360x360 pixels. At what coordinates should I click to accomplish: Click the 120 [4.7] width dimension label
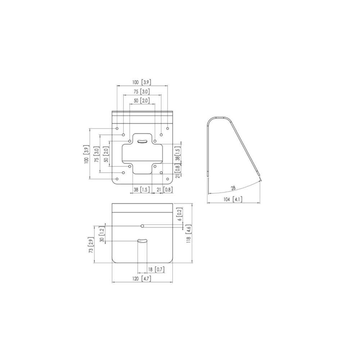pyautogui.click(x=141, y=279)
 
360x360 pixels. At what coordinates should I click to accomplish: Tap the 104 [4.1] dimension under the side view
pyautogui.click(x=233, y=199)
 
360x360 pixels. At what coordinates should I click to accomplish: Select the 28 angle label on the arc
pyautogui.click(x=233, y=188)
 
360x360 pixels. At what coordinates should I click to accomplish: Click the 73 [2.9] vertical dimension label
pyautogui.click(x=91, y=246)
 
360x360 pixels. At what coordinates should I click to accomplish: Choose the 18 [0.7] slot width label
pyautogui.click(x=156, y=270)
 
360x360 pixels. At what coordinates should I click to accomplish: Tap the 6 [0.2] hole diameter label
pyautogui.click(x=180, y=214)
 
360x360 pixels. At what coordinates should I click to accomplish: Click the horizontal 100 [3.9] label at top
pyautogui.click(x=141, y=82)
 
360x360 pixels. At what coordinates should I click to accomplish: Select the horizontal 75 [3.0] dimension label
pyautogui.click(x=141, y=91)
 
